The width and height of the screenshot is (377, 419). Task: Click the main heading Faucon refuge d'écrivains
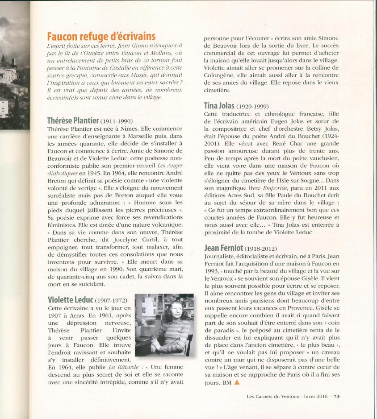101,36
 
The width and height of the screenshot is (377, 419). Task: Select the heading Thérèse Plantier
73,120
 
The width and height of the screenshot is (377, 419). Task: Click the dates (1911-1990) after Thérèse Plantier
117,121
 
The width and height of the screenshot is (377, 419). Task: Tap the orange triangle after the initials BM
237,382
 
